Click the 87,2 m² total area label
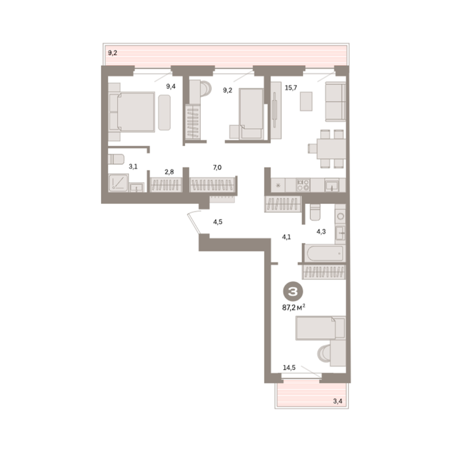[294, 308]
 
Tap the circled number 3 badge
[294, 292]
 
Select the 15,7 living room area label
[291, 87]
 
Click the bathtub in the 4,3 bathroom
[325, 254]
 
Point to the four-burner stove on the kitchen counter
[303, 185]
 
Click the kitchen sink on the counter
[332, 185]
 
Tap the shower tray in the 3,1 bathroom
[118, 183]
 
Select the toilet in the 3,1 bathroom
[116, 159]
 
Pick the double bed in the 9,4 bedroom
[132, 112]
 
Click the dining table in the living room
[331, 149]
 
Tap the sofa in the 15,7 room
[335, 102]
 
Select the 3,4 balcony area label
[338, 400]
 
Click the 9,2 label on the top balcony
[113, 53]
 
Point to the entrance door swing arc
[193, 222]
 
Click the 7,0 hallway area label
[217, 167]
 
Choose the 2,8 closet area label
[169, 172]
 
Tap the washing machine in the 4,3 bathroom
[340, 216]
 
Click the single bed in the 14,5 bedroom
[321, 328]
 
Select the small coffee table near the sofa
[306, 101]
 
